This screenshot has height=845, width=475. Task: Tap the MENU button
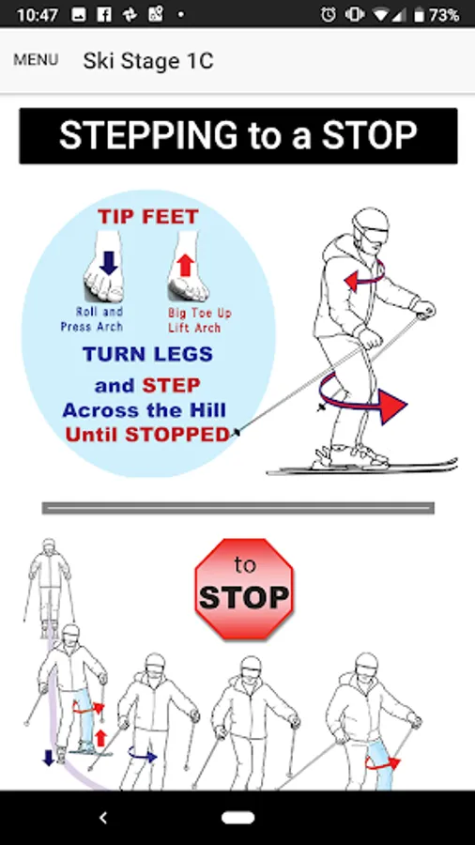click(36, 60)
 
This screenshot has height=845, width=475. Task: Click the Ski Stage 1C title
click(148, 61)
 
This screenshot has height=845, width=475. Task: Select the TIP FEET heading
click(148, 217)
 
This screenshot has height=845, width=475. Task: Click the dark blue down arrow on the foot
click(109, 263)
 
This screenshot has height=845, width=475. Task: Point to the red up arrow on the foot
click(185, 266)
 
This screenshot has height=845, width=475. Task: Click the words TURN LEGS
click(147, 354)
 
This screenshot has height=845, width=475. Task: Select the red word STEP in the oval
click(171, 385)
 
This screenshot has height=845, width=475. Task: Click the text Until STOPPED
click(148, 435)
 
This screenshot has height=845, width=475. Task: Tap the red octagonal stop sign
click(244, 589)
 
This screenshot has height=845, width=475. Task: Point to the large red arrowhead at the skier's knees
click(392, 406)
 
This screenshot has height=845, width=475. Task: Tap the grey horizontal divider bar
click(238, 508)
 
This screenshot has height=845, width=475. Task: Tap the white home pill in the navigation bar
click(238, 818)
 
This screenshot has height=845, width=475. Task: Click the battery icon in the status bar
click(419, 14)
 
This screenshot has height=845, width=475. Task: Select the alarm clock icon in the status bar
click(329, 14)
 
